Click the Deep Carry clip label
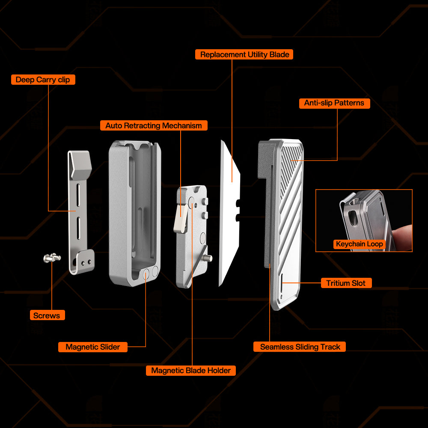pyautogui.click(x=43, y=80)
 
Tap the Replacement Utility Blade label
pyautogui.click(x=244, y=55)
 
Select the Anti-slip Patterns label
pyautogui.click(x=334, y=103)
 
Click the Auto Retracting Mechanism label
pyautogui.click(x=154, y=125)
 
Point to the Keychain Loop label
pyautogui.click(x=359, y=244)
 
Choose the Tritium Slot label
pyautogui.click(x=346, y=283)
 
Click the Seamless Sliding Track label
pyautogui.click(x=300, y=347)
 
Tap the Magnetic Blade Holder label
pyautogui.click(x=191, y=371)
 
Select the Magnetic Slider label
pyautogui.click(x=93, y=347)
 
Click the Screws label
pyautogui.click(x=47, y=315)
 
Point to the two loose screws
pyautogui.click(x=52, y=257)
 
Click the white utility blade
pyautogui.click(x=230, y=213)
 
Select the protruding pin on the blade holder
pyautogui.click(x=209, y=258)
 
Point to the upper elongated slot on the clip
pyautogui.click(x=78, y=195)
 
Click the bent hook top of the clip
pyautogui.click(x=80, y=164)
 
